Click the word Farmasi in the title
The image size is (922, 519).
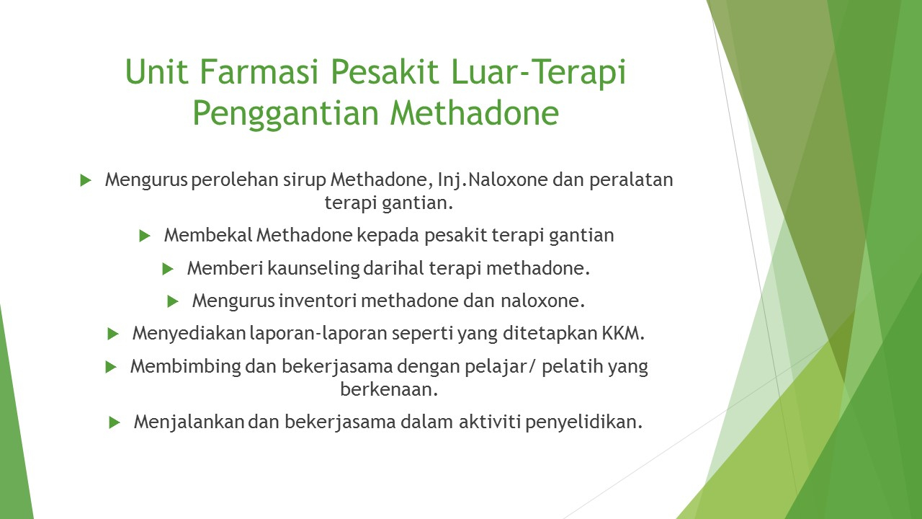tap(259, 71)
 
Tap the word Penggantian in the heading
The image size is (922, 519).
tap(286, 113)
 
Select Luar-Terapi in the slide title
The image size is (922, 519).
tap(538, 72)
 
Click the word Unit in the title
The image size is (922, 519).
tap(156, 71)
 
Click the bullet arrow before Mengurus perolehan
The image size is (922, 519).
tap(86, 180)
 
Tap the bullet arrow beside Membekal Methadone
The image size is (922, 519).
tap(145, 236)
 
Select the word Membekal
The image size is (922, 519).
tap(208, 235)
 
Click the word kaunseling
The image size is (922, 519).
tap(314, 269)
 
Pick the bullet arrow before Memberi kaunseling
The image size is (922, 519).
tap(168, 270)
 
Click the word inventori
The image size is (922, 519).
tap(318, 301)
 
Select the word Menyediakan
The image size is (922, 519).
tap(189, 333)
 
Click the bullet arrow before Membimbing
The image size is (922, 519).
tap(111, 367)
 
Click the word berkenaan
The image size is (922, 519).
tap(389, 389)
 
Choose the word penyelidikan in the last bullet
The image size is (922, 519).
tap(583, 422)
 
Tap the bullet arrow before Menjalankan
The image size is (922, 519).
tap(115, 422)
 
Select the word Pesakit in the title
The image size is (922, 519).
tap(385, 71)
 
